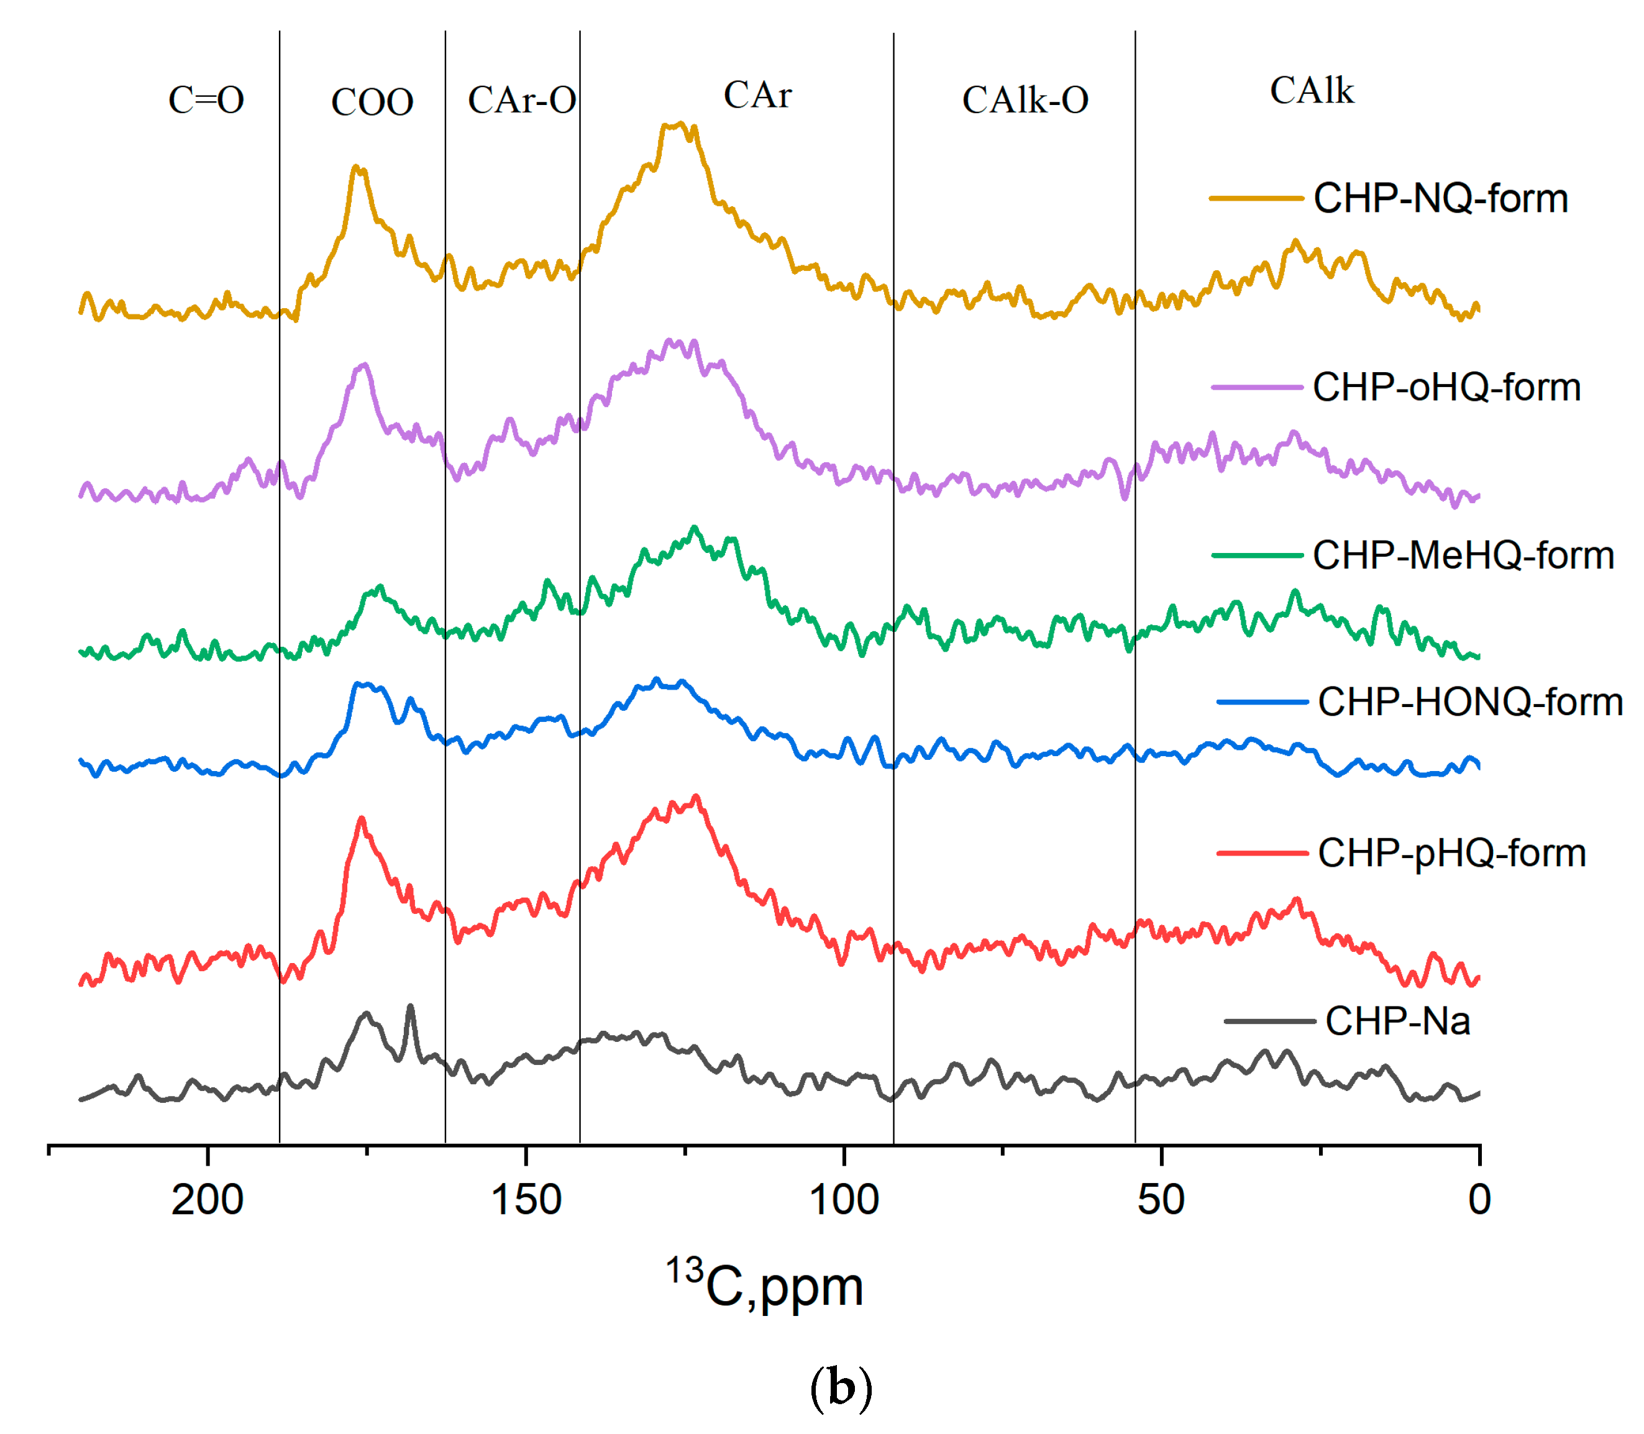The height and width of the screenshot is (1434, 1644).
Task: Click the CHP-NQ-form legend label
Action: (x=1440, y=198)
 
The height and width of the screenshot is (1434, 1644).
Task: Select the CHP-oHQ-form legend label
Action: (x=1446, y=387)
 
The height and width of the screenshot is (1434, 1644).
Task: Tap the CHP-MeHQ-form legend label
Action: (x=1463, y=555)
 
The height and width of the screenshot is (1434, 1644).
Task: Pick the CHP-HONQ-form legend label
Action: (x=1471, y=702)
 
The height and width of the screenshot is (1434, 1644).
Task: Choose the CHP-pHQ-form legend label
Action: (x=1452, y=853)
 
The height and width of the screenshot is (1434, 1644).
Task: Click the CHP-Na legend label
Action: (x=1397, y=1021)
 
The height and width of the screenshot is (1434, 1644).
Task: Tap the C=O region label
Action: (x=206, y=101)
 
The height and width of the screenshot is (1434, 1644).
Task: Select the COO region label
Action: (x=372, y=103)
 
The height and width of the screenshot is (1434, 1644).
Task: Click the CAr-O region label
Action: (x=522, y=101)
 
